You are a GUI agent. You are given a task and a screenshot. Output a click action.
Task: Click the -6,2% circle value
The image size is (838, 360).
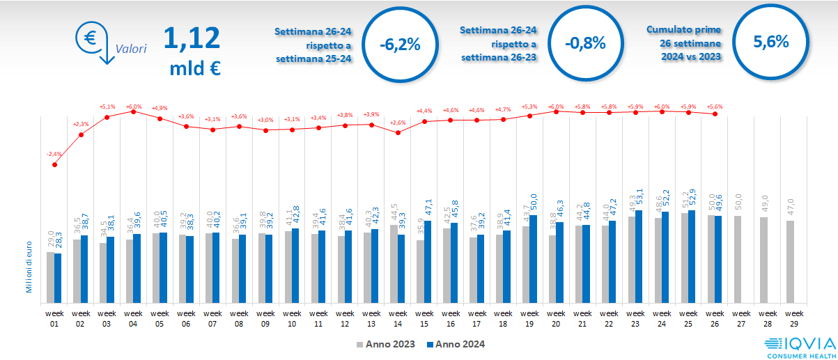[x=400, y=44]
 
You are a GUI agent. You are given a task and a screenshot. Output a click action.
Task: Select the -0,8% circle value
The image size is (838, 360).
[x=585, y=43]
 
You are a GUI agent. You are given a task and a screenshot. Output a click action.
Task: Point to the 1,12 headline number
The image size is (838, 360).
[x=192, y=38]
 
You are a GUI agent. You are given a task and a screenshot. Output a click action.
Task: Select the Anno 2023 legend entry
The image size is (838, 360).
[x=385, y=344]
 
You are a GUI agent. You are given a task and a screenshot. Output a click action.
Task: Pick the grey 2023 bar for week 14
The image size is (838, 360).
[x=394, y=263]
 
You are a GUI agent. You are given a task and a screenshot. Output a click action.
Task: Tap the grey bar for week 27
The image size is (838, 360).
[x=738, y=258]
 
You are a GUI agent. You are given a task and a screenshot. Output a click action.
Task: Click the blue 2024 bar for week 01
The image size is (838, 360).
[x=58, y=277]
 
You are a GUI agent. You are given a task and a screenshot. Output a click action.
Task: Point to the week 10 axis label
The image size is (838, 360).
[x=292, y=318]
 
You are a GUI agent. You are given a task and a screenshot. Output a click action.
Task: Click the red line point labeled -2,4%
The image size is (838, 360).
[x=54, y=164]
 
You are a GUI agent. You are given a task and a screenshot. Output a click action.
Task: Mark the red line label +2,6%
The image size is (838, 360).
[x=398, y=123]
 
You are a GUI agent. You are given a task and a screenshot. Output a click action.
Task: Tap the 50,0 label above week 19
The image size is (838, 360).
[x=534, y=203]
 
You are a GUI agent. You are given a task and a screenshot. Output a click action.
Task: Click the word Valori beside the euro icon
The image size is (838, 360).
[x=131, y=49]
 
